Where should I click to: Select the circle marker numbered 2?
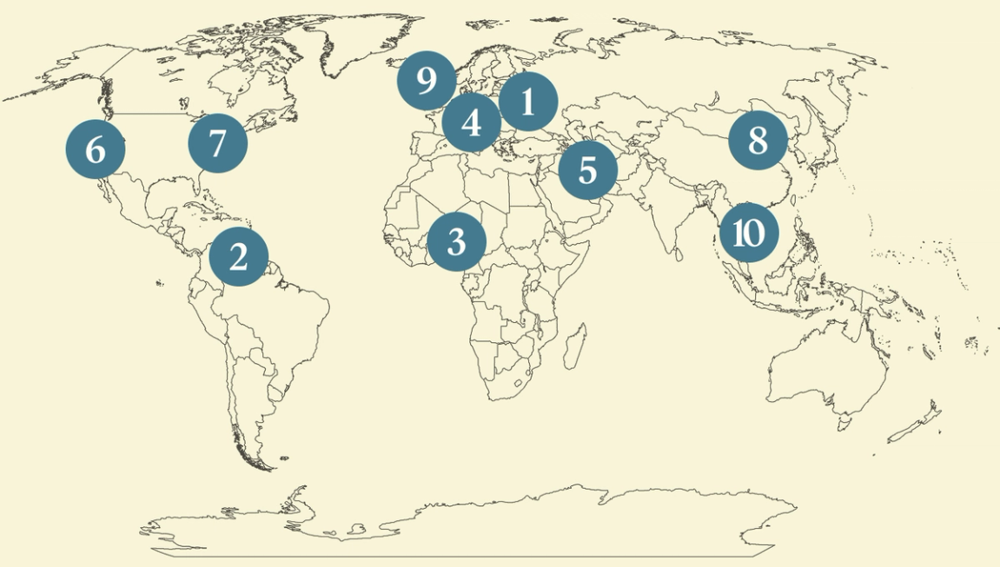[x=238, y=256]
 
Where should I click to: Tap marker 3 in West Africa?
[x=456, y=241]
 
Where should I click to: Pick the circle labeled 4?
[x=471, y=122]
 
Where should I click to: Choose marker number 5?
[x=587, y=170]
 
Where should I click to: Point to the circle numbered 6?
[x=96, y=149]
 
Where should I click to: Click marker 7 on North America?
[x=217, y=142]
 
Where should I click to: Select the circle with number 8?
[x=758, y=140]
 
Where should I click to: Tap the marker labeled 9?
[x=426, y=81]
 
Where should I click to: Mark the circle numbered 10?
[x=748, y=233]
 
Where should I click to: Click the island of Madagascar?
[x=574, y=345]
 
